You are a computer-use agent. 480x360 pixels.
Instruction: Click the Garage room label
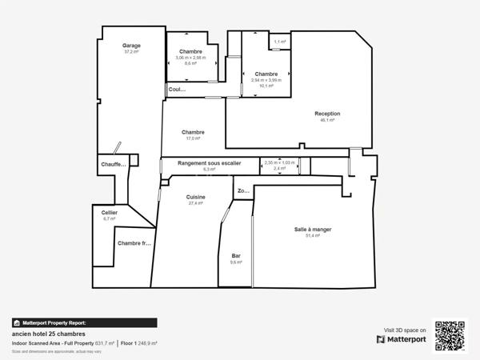[x=131, y=46]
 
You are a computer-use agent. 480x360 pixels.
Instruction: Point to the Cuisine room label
[x=196, y=197]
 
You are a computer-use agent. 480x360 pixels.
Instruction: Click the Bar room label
[x=236, y=256]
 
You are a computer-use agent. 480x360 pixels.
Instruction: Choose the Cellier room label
[x=110, y=213]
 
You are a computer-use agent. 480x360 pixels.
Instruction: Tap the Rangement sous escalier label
[x=209, y=163]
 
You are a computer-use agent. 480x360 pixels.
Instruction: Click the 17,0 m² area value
[x=193, y=138]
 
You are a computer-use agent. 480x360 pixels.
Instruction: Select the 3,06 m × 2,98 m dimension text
[x=190, y=58]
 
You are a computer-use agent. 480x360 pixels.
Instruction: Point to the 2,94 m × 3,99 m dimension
[x=266, y=79]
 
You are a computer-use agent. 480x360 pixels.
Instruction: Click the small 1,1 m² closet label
[x=279, y=42]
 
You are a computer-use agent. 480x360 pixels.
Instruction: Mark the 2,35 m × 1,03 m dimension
[x=279, y=162]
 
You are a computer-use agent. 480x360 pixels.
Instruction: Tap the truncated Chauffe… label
[x=114, y=165]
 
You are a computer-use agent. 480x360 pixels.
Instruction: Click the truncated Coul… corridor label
[x=177, y=90]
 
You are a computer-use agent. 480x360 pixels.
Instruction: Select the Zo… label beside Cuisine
[x=242, y=191]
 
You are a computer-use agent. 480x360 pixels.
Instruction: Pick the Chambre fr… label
[x=134, y=243]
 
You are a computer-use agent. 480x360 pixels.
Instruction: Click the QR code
[x=450, y=334]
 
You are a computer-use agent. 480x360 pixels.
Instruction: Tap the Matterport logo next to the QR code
[x=401, y=339]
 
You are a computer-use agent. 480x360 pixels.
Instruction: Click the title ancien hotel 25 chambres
[x=48, y=334]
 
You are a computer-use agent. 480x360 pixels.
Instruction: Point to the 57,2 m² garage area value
[x=131, y=52]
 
